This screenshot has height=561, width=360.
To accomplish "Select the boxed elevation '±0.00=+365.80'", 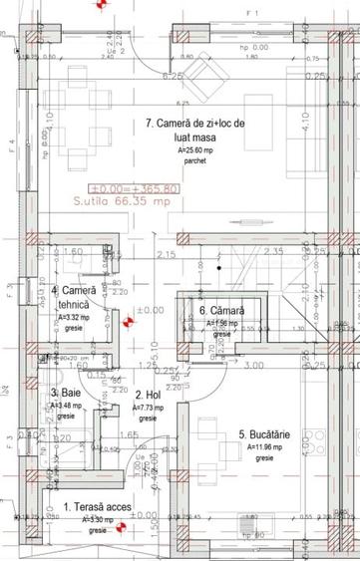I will [135, 187].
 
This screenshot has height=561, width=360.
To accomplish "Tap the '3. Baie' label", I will [68, 393].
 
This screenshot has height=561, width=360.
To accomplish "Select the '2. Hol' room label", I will [147, 395].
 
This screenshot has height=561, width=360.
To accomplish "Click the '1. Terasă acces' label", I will [97, 508].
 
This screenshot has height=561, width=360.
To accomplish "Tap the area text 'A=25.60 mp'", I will [195, 149].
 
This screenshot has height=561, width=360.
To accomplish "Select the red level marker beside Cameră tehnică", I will [127, 323].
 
